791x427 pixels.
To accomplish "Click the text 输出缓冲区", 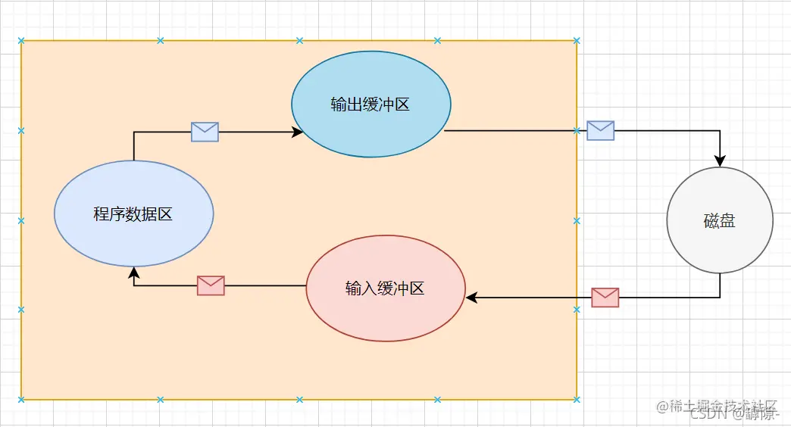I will [370, 104].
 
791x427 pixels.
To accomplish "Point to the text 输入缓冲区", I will [385, 288].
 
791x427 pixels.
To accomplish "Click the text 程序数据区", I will [133, 214].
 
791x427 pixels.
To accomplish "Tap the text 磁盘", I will [720, 222].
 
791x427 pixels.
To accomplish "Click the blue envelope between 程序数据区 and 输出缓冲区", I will [205, 132].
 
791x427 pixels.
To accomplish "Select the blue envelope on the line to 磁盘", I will [601, 130].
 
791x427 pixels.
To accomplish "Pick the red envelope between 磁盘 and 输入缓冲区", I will [605, 298].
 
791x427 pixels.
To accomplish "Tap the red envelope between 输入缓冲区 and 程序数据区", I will [211, 285].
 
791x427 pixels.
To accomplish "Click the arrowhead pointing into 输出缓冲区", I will [298, 132].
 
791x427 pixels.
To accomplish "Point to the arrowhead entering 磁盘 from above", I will [720, 161].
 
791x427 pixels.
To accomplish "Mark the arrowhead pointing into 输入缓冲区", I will [471, 298].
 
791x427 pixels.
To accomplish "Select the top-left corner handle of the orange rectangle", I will [21, 41].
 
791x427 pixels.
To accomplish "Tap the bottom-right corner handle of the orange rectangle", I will [577, 399].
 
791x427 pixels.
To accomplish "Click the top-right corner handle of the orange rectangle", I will [577, 41].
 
